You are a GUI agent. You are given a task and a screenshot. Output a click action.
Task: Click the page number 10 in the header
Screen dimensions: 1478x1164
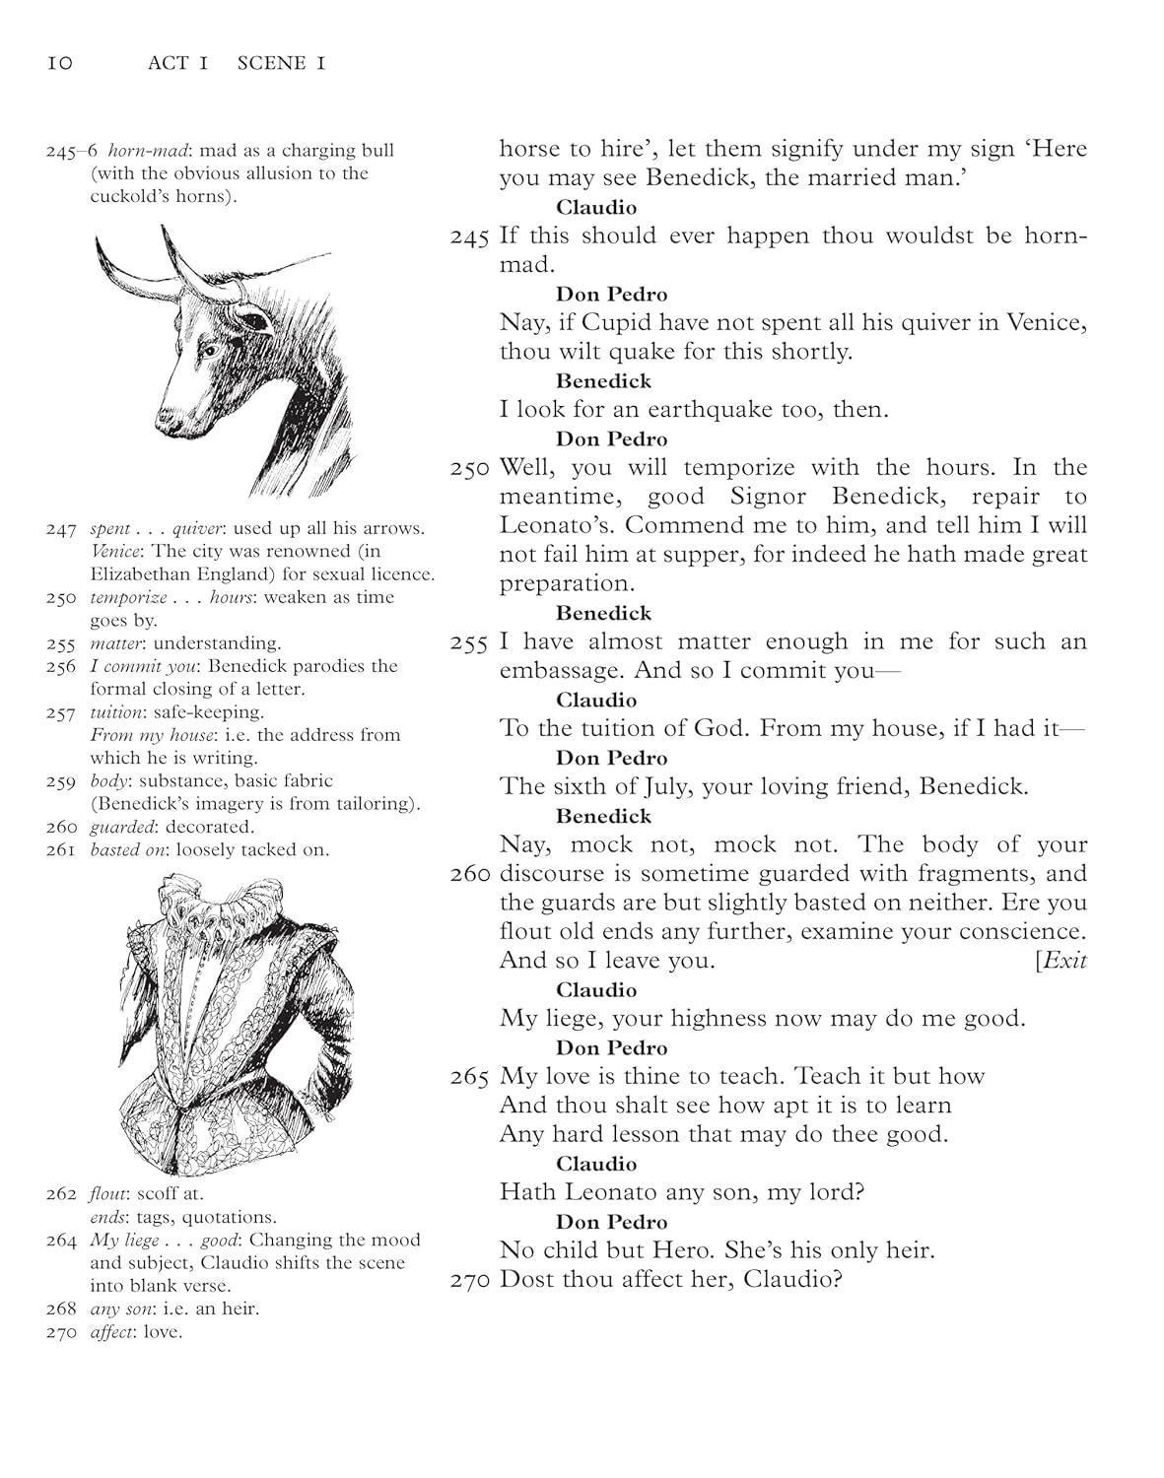coord(59,64)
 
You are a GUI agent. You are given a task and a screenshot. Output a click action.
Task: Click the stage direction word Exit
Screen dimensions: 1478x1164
coord(1063,961)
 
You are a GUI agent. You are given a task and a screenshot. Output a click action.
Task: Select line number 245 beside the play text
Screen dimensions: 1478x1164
coord(470,237)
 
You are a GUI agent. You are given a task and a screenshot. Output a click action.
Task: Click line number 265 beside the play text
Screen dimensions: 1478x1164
coord(470,1078)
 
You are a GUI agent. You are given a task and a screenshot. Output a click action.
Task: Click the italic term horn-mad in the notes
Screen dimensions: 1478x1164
coord(146,151)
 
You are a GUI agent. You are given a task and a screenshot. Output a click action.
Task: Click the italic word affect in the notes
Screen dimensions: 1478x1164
coord(110,1332)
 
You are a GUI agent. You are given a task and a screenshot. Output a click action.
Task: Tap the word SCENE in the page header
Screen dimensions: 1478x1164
coord(272,64)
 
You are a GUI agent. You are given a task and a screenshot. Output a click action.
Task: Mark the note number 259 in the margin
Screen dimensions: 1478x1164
coord(61,781)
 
